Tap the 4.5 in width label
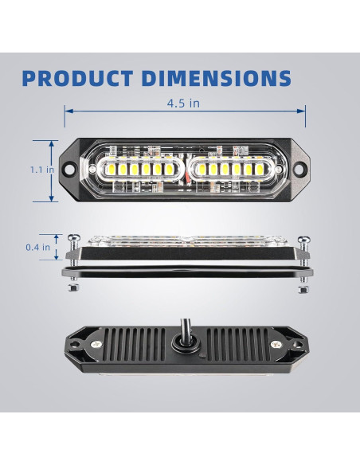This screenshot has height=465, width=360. pyautogui.click(x=183, y=103)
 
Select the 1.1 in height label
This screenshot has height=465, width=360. pyautogui.click(x=42, y=170)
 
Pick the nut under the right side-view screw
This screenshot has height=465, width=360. pyautogui.click(x=302, y=288)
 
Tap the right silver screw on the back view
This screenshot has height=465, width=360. pyautogui.click(x=276, y=344)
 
